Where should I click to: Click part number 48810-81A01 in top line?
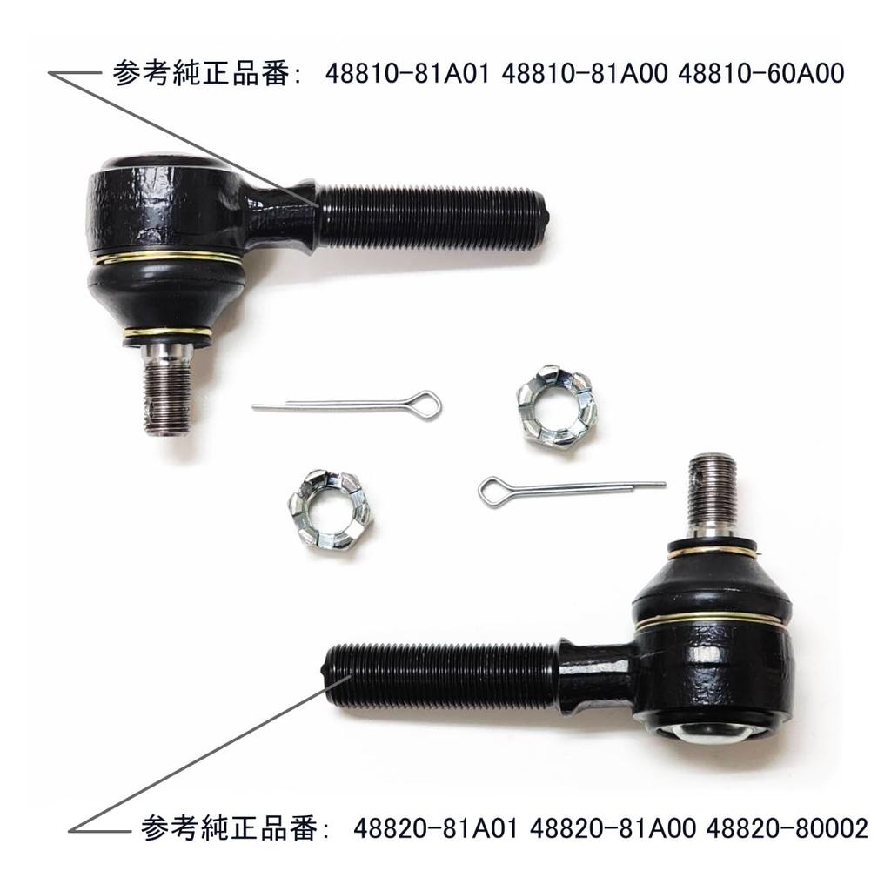coord(411,74)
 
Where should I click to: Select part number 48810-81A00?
coord(586,74)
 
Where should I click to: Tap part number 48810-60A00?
coord(760,74)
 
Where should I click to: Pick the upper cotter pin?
coord(348,404)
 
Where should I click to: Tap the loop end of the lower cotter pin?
coord(492,492)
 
